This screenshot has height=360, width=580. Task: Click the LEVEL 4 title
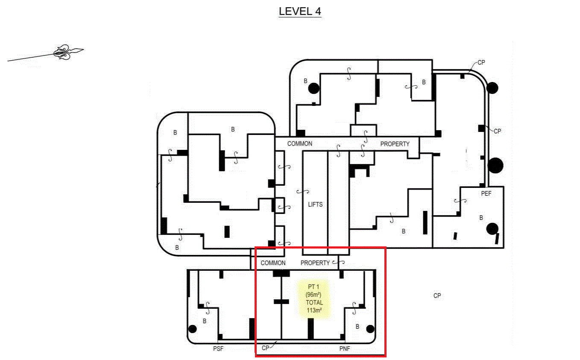tap(300, 12)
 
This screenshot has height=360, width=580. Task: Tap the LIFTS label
tap(315, 205)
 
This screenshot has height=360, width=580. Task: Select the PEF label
tap(486, 193)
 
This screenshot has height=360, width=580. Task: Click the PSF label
tap(218, 348)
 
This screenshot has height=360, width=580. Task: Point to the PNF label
tap(345, 348)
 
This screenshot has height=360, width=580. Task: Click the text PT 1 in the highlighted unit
tap(313, 287)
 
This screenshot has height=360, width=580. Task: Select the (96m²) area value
tap(313, 295)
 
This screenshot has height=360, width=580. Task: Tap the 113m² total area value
tap(314, 310)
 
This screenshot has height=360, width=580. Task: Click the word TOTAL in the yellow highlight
tap(314, 302)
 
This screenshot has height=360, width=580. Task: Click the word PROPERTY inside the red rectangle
tap(315, 263)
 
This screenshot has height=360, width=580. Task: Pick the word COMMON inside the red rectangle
tap(273, 263)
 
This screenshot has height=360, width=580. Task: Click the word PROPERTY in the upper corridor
tap(395, 144)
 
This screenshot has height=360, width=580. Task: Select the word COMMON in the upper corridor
tap(300, 143)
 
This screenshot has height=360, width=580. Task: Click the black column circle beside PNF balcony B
tap(370, 329)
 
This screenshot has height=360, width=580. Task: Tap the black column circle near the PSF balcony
tap(193, 329)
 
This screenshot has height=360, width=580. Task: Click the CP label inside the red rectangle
tap(265, 348)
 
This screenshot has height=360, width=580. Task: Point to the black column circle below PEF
tap(492, 229)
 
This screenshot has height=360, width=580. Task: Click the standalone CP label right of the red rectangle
tap(437, 296)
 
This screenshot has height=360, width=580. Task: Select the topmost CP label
tap(481, 62)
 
